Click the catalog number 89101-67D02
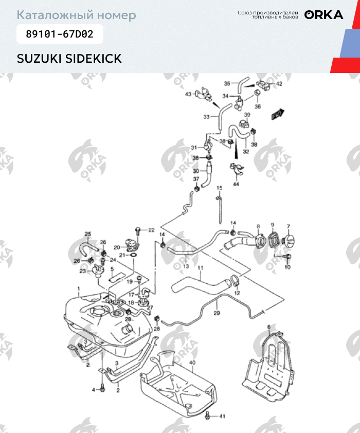(x=60, y=35)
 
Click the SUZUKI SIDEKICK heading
(x=69, y=59)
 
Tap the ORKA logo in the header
(x=323, y=14)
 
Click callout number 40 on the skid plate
(x=192, y=363)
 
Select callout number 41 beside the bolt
(x=222, y=416)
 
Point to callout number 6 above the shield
(x=268, y=327)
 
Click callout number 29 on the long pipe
(x=217, y=313)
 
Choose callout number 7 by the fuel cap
(x=289, y=226)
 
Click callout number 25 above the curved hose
(x=87, y=234)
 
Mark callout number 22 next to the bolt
(x=151, y=229)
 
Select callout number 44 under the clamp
(x=236, y=184)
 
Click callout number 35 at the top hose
(x=227, y=83)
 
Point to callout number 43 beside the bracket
(x=188, y=94)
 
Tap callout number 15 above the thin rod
(x=219, y=188)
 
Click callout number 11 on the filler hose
(x=201, y=268)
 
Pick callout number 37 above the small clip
(x=196, y=178)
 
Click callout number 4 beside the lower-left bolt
(x=94, y=390)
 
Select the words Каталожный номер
(x=77, y=15)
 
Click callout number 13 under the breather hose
(x=186, y=266)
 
